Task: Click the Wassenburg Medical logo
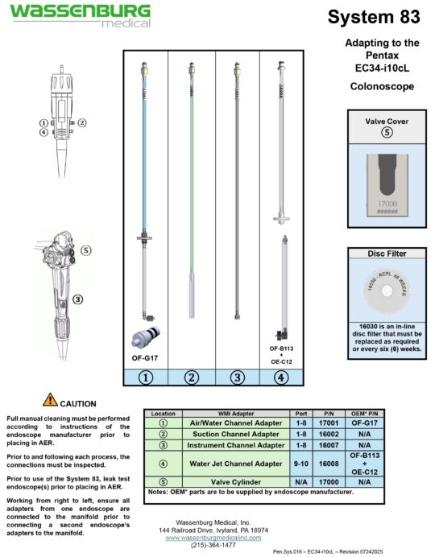[80, 15]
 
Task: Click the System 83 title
[375, 17]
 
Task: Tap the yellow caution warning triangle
[50, 400]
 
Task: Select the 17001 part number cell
[329, 423]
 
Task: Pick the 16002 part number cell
[329, 434]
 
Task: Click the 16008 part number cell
[329, 463]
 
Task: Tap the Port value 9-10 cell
[300, 463]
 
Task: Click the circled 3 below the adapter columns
[237, 376]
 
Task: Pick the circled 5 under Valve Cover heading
[386, 133]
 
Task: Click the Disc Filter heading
[386, 254]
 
